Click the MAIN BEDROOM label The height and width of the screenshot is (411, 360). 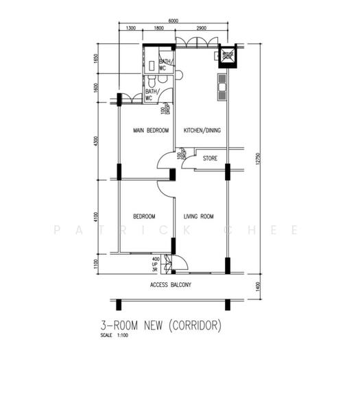(x=151, y=130)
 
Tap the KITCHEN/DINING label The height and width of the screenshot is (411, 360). (x=202, y=130)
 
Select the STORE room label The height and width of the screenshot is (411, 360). (x=210, y=159)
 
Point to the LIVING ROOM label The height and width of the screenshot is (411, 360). (x=199, y=216)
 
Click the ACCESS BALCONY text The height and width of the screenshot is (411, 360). (x=170, y=284)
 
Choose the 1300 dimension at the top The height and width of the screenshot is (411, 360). (x=131, y=29)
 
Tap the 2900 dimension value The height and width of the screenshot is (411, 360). (x=202, y=29)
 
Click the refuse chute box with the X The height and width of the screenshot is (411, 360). (x=227, y=57)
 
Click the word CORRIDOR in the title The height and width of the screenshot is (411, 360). (x=196, y=325)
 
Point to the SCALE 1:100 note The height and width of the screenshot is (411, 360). (x=114, y=336)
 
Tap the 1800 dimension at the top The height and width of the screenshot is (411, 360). (x=158, y=29)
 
